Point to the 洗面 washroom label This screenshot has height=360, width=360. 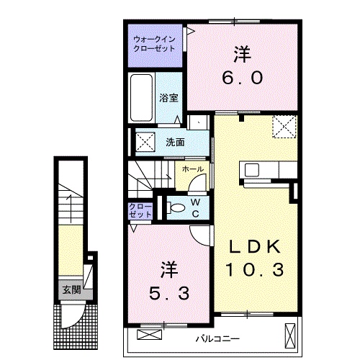[175, 142]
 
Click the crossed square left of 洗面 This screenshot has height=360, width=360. [145, 142]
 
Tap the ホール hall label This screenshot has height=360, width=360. [192, 168]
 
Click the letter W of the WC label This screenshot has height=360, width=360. [196, 202]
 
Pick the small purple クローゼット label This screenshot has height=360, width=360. [140, 210]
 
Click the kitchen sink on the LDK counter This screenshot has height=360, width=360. [253, 171]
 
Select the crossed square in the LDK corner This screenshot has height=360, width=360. [284, 127]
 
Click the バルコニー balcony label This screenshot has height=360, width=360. [218, 338]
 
